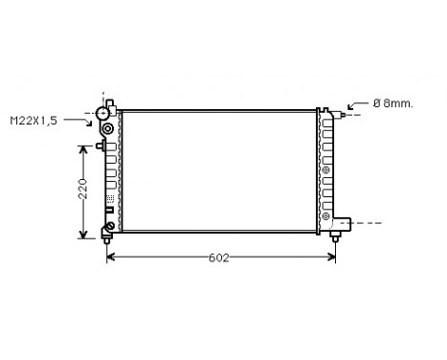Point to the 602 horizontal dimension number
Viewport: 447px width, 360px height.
point(220,258)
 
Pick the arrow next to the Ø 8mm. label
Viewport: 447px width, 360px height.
point(356,104)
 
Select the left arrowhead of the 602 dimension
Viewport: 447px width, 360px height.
point(110,258)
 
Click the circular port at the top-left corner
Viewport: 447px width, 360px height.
point(102,113)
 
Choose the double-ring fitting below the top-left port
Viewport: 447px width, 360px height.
point(107,128)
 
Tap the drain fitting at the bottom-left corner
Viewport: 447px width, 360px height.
point(108,228)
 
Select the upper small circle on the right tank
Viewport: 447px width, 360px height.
point(326,171)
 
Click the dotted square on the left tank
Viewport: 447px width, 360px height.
point(109,196)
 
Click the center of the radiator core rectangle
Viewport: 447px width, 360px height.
point(219,170)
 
